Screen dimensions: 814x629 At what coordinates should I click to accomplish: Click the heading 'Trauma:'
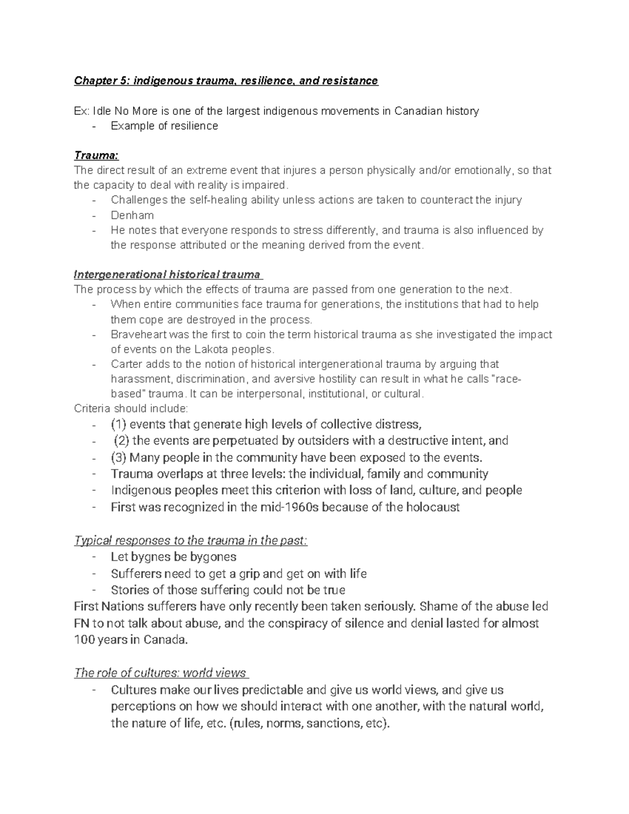pyautogui.click(x=96, y=156)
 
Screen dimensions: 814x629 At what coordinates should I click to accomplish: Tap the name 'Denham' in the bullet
pyautogui.click(x=132, y=215)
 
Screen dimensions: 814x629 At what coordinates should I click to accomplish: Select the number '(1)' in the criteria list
pyautogui.click(x=118, y=424)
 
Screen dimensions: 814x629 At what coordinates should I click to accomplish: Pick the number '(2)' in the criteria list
pyautogui.click(x=122, y=441)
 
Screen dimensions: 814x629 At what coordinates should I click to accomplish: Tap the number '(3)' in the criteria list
pyautogui.click(x=118, y=458)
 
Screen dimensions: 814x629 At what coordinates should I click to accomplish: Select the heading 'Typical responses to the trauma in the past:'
pyautogui.click(x=191, y=540)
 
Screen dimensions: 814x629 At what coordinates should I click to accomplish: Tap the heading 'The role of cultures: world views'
pyautogui.click(x=160, y=673)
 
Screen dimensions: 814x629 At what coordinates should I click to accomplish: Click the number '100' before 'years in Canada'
pyautogui.click(x=84, y=640)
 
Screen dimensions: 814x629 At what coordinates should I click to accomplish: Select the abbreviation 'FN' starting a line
pyautogui.click(x=82, y=623)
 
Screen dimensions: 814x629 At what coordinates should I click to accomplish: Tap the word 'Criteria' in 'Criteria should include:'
pyautogui.click(x=92, y=408)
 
